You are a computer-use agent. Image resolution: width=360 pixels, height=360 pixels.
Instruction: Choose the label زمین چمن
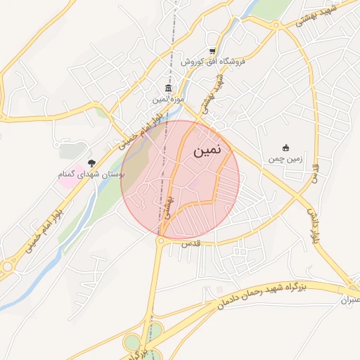point(285,159)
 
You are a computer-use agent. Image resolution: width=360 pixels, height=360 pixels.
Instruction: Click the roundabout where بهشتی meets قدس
point(161,240)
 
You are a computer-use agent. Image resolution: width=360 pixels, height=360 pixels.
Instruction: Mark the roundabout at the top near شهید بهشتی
point(276,27)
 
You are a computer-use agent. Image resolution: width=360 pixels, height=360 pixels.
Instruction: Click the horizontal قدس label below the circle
point(191,242)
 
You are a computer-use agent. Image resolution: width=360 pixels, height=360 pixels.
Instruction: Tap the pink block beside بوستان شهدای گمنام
point(66,180)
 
